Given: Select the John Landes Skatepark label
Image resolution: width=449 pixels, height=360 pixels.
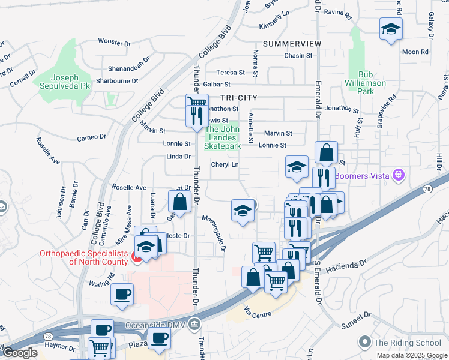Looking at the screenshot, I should point(222,137).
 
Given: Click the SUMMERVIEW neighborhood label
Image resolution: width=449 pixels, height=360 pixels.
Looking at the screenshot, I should point(292,44).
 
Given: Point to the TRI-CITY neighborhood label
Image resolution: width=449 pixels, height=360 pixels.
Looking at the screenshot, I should point(238,97).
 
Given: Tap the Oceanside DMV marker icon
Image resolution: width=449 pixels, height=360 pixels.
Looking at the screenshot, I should point(194,325).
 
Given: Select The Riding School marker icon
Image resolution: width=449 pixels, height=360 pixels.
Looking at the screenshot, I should point(364,343).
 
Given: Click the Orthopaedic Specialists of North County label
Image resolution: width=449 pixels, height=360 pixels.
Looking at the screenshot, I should point(83,257).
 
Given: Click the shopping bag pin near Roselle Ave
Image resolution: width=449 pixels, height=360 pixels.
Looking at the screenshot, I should point(179,202).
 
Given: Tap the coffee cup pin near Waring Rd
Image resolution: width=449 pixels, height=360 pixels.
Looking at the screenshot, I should point(122,295).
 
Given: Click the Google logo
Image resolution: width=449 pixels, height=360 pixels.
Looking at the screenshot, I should point(19,353).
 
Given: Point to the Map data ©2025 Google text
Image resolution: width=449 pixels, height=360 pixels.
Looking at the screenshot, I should point(411,355).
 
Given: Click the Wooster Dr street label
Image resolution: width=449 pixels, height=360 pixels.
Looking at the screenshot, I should point(114,43).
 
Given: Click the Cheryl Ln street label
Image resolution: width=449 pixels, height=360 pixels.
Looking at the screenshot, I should point(225,165).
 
